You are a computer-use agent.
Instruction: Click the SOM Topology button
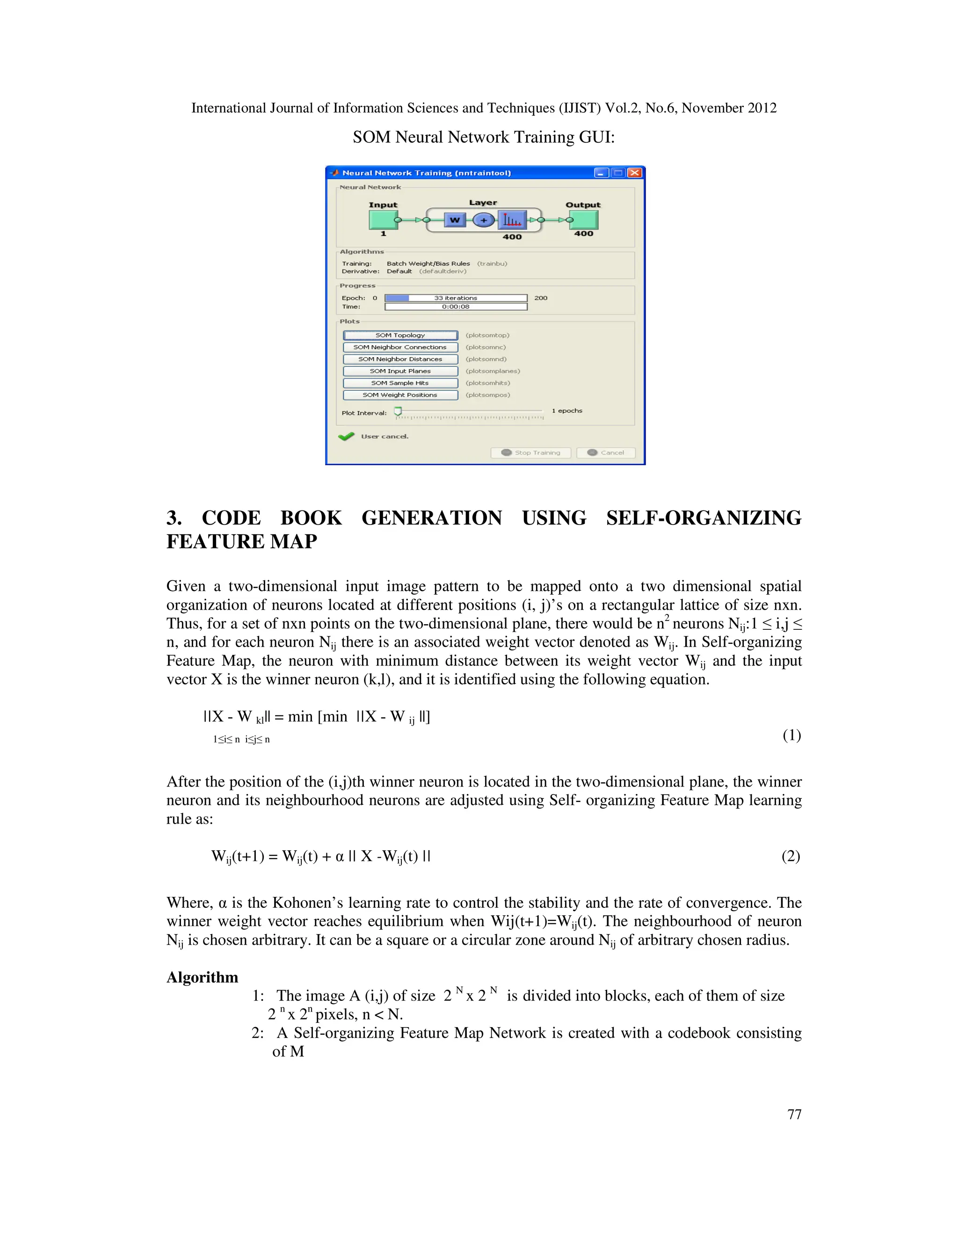click(400, 336)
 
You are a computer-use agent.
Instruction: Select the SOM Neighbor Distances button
click(400, 359)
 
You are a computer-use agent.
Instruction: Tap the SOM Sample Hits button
click(400, 383)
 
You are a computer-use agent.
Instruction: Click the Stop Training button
click(530, 452)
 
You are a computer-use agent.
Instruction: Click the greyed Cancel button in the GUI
click(606, 452)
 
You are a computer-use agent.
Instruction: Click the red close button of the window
click(635, 173)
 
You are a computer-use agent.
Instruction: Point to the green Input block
click(383, 220)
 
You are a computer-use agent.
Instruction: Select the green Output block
click(584, 220)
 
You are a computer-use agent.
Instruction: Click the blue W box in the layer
click(455, 220)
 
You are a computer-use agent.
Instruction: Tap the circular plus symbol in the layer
click(484, 220)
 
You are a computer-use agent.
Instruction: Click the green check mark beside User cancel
click(346, 436)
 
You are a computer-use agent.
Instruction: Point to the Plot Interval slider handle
click(398, 410)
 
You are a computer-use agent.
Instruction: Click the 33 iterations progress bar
click(456, 298)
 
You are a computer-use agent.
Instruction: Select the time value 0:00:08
click(456, 306)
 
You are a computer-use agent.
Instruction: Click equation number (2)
click(791, 856)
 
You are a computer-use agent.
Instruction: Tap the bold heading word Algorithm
click(202, 977)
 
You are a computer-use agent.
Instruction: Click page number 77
click(794, 1115)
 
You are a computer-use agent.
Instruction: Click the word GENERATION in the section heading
click(431, 518)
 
